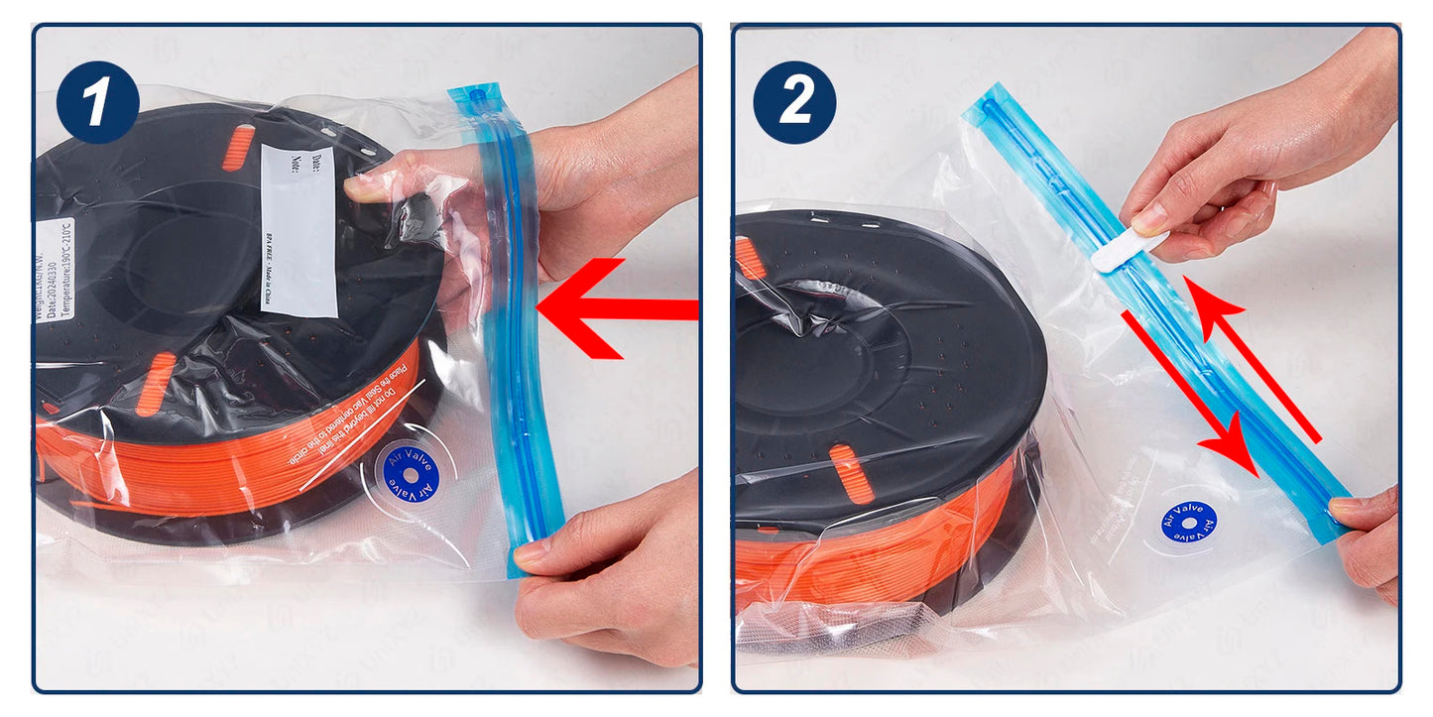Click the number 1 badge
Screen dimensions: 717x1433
click(96, 102)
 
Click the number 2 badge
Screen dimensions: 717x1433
click(793, 102)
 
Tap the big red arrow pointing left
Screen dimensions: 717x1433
click(615, 308)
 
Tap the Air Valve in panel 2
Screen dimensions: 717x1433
click(1188, 521)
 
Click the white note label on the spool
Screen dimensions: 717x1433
click(298, 231)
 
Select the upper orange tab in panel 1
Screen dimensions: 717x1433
click(238, 148)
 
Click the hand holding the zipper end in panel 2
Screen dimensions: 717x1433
click(1373, 540)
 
